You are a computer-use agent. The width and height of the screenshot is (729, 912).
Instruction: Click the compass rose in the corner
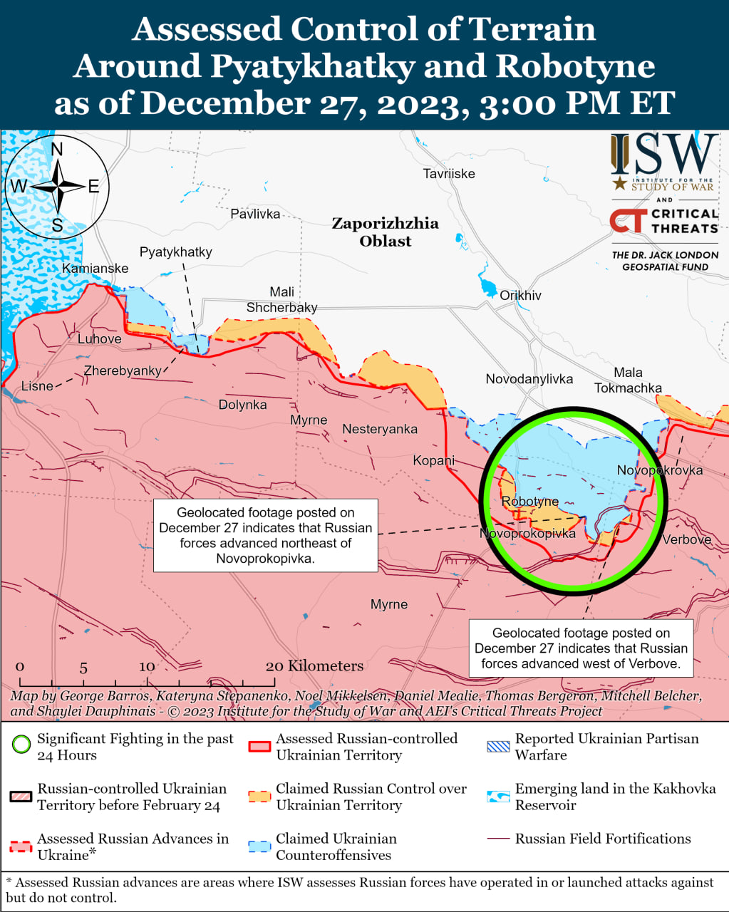(57, 187)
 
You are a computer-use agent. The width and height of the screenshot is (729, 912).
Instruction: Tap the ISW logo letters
(663, 156)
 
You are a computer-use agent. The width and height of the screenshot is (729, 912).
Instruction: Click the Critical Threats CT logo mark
(628, 221)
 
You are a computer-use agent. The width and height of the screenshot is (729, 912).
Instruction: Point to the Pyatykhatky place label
(175, 252)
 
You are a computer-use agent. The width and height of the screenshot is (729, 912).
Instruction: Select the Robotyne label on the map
(529, 502)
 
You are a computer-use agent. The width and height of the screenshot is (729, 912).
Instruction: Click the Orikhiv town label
(520, 296)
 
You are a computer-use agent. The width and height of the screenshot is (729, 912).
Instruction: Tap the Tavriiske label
(448, 174)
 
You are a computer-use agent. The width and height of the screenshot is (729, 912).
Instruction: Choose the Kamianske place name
(95, 269)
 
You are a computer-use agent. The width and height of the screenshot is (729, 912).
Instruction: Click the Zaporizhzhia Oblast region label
(385, 232)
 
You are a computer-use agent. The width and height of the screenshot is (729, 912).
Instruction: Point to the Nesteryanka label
(380, 429)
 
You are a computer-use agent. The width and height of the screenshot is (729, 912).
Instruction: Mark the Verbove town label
(686, 539)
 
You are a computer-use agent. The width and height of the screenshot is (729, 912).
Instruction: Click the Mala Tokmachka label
(628, 380)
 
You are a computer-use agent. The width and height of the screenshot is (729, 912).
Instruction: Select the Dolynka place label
(242, 405)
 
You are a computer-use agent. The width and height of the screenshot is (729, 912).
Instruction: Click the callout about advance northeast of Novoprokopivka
(265, 535)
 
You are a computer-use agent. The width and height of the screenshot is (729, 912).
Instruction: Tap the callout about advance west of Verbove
(581, 648)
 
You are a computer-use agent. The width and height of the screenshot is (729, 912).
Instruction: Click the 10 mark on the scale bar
(147, 667)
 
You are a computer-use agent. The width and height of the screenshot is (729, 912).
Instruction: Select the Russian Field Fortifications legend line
(498, 839)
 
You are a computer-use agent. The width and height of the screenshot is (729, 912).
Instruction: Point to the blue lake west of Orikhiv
(488, 287)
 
